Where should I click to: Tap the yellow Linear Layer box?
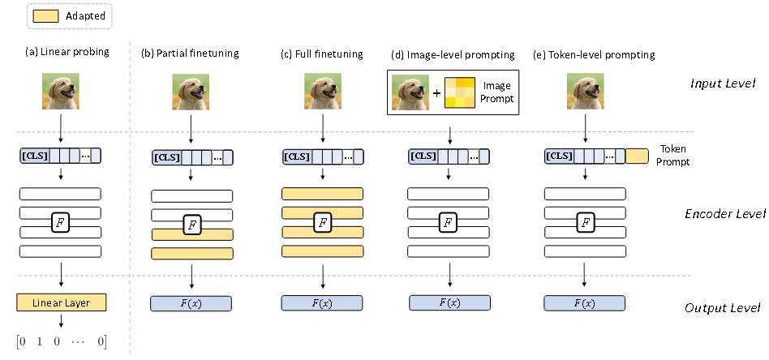62,303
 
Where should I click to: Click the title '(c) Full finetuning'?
321,54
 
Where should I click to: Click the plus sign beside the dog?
436,92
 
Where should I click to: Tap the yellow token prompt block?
637,156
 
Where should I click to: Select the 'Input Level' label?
723,84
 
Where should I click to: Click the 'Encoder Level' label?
724,214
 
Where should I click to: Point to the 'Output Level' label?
722,307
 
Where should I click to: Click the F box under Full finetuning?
322,222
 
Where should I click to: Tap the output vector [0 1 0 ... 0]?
62,341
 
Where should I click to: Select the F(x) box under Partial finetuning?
191,303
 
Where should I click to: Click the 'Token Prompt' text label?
673,156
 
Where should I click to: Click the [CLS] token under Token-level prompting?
559,156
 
